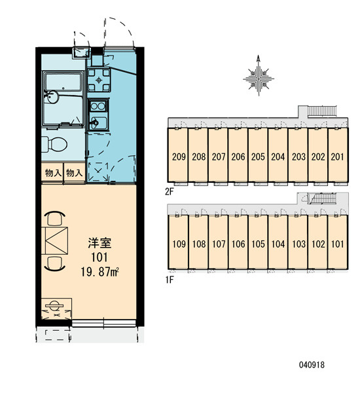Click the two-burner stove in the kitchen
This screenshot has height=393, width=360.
[98, 106]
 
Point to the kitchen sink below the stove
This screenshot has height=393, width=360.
[98, 122]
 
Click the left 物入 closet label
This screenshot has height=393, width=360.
[53, 173]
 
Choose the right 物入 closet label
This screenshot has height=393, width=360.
[74, 173]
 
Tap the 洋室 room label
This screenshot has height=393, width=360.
[99, 243]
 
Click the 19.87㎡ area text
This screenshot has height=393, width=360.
[99, 272]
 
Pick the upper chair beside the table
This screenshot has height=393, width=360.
[55, 218]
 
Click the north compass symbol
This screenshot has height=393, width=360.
[259, 76]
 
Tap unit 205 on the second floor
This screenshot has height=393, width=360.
[258, 157]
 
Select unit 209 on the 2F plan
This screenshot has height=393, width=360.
[179, 157]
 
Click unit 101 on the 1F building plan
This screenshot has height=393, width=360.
[338, 244]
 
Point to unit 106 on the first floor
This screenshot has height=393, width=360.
[238, 244]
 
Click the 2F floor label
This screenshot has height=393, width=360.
[169, 192]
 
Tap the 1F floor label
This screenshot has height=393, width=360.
[169, 280]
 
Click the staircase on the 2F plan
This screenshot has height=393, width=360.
[322, 111]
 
